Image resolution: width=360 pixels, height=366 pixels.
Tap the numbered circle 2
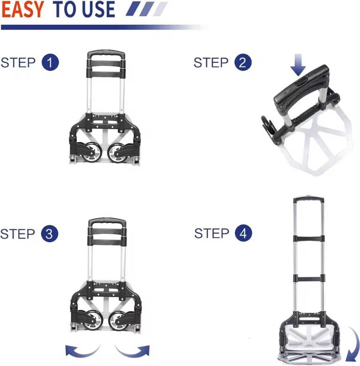point(242,62)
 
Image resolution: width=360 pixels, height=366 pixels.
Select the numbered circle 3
point(50,233)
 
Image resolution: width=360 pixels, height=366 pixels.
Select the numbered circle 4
point(243,233)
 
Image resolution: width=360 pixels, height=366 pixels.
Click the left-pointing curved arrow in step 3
point(82,349)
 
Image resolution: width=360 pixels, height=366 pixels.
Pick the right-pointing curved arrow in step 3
point(134,349)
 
